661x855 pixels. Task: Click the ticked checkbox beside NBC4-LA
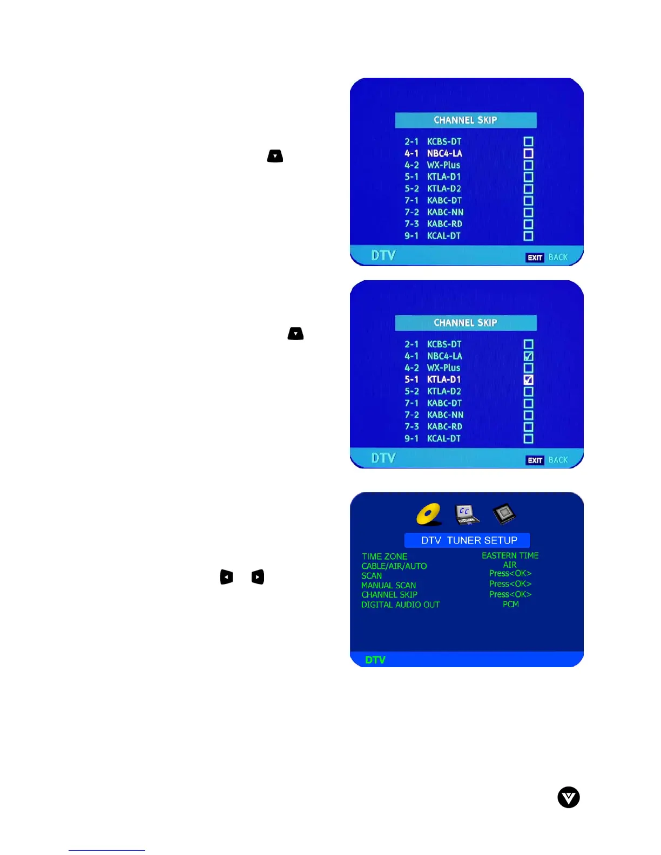click(528, 356)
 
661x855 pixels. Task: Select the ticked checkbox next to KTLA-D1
click(528, 379)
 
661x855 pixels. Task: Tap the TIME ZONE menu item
click(385, 557)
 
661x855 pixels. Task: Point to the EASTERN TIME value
click(510, 555)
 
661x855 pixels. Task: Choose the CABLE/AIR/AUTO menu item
click(394, 566)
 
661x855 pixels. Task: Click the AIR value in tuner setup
click(510, 565)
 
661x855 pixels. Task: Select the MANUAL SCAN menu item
click(388, 586)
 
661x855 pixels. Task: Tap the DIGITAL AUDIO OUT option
click(400, 605)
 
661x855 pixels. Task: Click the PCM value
click(510, 604)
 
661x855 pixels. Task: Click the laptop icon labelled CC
click(466, 514)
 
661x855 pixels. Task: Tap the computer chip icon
click(504, 513)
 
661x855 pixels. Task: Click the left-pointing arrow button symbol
click(226, 577)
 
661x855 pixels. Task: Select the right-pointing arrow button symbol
click(258, 577)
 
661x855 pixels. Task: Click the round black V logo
click(568, 797)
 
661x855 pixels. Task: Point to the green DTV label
click(375, 660)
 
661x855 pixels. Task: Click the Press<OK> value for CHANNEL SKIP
click(510, 594)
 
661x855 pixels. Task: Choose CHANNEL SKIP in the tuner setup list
click(389, 595)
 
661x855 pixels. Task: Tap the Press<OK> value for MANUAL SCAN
click(510, 584)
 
